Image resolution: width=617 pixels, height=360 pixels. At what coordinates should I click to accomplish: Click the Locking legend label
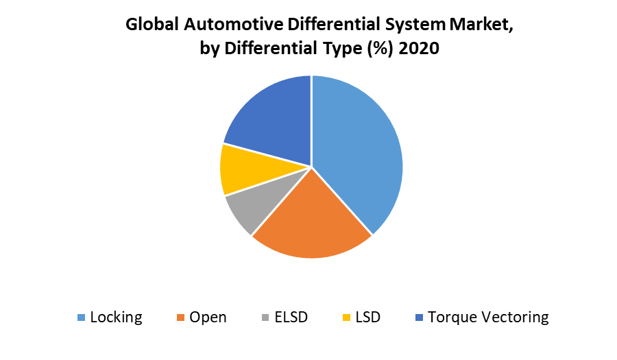pos(116,317)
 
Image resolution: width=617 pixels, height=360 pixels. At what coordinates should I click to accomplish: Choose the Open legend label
pos(208,317)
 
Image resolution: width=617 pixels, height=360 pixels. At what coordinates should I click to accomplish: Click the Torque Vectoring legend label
pos(488,317)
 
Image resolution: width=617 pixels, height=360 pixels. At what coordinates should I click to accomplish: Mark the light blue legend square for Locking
pos(82,317)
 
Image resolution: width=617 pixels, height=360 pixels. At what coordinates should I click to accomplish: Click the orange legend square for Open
pos(181,317)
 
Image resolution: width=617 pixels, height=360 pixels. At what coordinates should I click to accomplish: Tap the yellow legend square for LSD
pos(346,317)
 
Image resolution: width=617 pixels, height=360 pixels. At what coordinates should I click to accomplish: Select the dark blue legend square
pos(419,317)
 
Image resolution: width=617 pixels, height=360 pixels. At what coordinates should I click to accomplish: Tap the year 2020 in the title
pos(420,49)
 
